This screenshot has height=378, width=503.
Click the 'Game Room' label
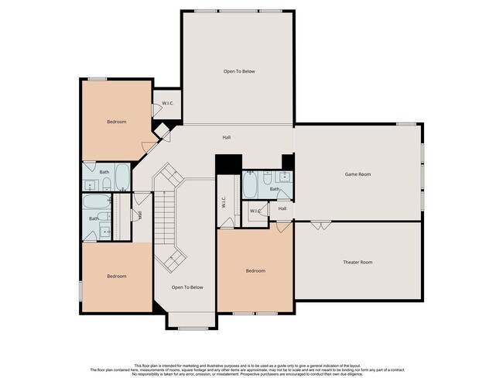click(358, 174)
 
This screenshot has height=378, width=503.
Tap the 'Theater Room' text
click(358, 262)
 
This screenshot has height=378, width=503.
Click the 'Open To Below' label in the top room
click(239, 71)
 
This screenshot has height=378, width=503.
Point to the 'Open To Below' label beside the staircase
click(187, 287)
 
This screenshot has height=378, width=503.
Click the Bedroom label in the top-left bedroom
click(116, 122)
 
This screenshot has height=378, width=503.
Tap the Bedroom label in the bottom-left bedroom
click(116, 276)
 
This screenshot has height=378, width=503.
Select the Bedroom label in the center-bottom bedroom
click(255, 270)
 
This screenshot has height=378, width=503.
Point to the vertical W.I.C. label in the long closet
click(224, 204)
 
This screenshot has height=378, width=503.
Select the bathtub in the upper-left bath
click(122, 179)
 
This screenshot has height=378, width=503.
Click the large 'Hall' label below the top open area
click(227, 137)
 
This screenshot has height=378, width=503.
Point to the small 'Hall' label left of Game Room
click(282, 208)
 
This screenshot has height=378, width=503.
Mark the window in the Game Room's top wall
click(406, 124)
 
